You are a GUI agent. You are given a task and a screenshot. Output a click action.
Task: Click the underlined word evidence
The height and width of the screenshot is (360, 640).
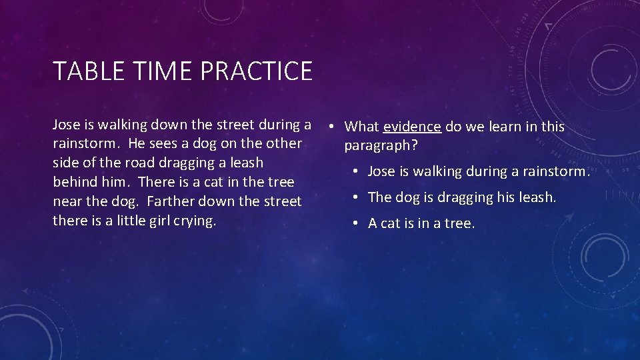tap(412, 127)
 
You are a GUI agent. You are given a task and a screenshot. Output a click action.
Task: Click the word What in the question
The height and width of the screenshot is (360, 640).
tap(361, 127)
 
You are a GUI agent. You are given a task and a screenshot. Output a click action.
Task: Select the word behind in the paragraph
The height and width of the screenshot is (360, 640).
tap(74, 182)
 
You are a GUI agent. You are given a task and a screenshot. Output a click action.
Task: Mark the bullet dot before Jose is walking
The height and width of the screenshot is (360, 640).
tap(358, 171)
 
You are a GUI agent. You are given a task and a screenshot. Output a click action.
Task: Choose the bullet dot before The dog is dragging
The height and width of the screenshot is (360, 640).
tap(358, 197)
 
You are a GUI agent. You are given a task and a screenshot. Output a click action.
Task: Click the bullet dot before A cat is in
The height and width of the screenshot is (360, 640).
tap(358, 223)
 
